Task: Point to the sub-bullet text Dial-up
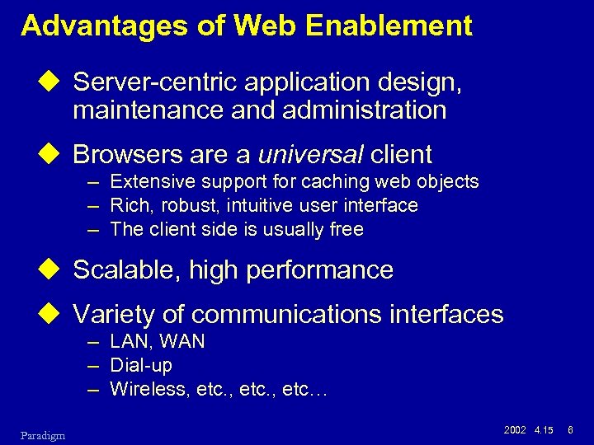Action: (140, 365)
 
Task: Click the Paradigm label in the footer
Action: (44, 434)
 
